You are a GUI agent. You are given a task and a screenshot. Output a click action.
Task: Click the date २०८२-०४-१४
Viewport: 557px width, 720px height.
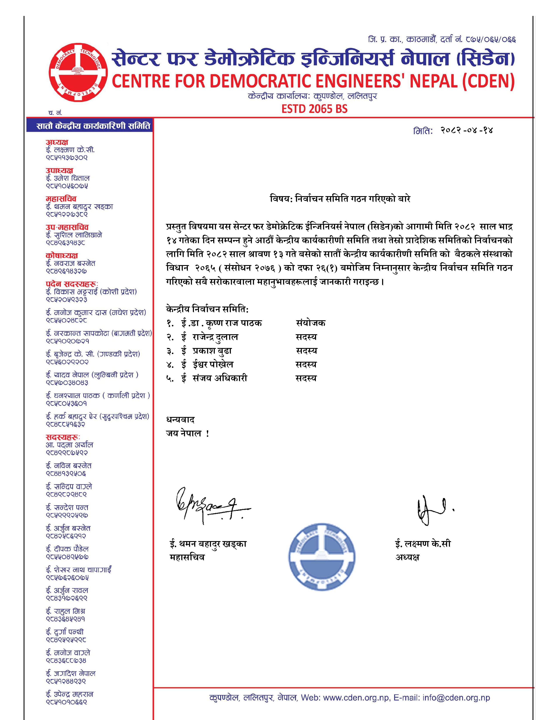point(466,130)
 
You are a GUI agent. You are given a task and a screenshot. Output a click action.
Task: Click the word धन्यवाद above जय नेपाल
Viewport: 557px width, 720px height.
point(180,420)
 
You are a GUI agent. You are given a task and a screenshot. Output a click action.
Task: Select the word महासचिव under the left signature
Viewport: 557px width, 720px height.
point(187,557)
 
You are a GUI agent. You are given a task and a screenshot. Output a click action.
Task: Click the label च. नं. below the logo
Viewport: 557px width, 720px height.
point(55,113)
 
